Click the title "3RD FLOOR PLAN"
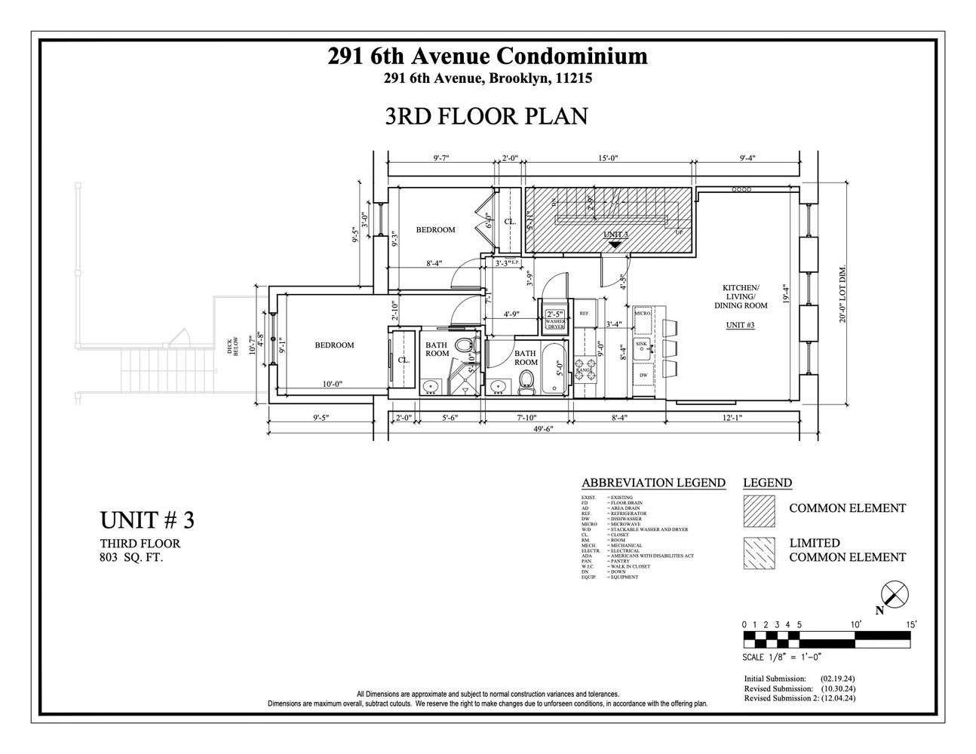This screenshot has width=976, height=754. pos(486,116)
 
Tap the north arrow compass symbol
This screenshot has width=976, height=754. pos(895,596)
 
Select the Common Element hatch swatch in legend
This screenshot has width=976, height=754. pos(759,510)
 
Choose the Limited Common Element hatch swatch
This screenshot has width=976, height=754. pos(759,553)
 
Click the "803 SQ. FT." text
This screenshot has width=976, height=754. pos(131,558)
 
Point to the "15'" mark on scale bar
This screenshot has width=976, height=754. pos(911,624)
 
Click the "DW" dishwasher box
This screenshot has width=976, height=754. pos(643,375)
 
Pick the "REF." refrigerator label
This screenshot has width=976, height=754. pos(584,313)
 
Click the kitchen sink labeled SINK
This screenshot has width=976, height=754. pos(642,346)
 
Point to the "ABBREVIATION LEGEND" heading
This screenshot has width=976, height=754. pos(653,483)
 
